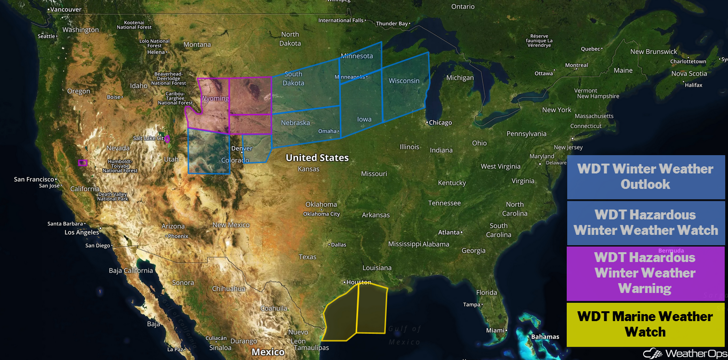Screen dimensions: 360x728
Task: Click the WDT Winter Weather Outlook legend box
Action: tap(645, 177)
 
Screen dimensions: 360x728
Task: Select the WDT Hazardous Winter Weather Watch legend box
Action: tap(645, 223)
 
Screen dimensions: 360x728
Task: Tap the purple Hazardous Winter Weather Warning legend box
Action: tap(645, 273)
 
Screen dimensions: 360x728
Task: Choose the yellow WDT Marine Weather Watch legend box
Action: tap(645, 324)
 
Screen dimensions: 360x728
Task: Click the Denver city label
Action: tap(242, 149)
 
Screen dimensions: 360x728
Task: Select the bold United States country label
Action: tap(317, 158)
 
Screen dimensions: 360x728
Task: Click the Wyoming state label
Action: tap(215, 98)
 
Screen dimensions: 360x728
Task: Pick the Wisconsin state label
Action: tap(404, 81)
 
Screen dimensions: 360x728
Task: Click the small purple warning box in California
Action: tap(83, 163)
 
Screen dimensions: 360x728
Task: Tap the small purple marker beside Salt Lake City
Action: tap(167, 139)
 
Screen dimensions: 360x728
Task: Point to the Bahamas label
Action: tap(545, 337)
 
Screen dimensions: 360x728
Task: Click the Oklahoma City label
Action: tap(322, 214)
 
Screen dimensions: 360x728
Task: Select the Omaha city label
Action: tap(328, 131)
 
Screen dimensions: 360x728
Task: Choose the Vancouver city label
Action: tap(65, 9)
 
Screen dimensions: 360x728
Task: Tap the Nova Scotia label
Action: tap(689, 74)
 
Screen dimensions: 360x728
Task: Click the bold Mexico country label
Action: tap(268, 352)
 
